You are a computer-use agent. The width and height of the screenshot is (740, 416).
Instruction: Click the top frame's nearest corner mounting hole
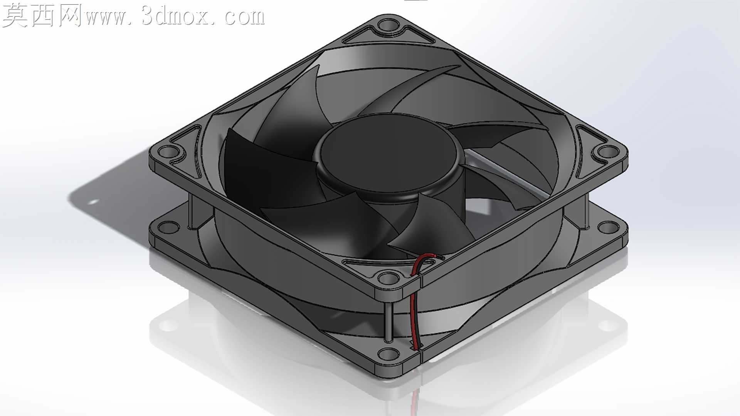pyautogui.click(x=388, y=277)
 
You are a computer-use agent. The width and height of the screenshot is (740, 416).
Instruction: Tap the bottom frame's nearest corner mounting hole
pyautogui.click(x=388, y=353)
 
